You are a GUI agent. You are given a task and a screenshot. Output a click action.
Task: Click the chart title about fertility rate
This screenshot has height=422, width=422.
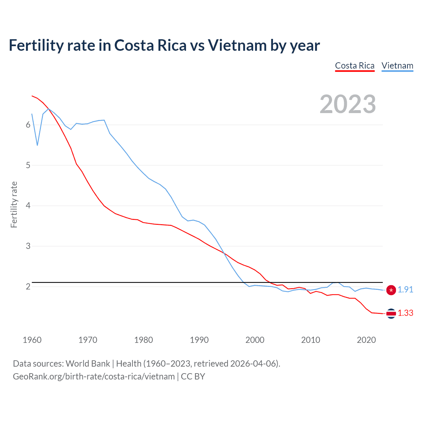pyautogui.click(x=164, y=45)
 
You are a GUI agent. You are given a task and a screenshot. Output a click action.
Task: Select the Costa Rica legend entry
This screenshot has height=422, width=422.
pyautogui.click(x=355, y=66)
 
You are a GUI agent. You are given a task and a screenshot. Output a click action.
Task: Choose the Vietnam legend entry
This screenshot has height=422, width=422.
pyautogui.click(x=397, y=66)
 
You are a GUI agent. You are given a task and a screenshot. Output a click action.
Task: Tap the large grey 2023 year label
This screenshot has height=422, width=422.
pyautogui.click(x=348, y=104)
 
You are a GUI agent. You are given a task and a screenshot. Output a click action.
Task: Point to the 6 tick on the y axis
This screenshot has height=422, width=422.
pyautogui.click(x=28, y=125)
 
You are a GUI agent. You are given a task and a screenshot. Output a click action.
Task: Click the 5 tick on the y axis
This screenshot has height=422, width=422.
pyautogui.click(x=28, y=165)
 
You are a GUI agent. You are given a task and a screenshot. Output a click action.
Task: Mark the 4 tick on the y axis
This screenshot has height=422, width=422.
pyautogui.click(x=28, y=206)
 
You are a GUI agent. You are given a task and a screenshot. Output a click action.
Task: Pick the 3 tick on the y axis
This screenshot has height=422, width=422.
pyautogui.click(x=28, y=246)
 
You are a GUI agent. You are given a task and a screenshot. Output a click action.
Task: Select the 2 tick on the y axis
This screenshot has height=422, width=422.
pyautogui.click(x=28, y=286)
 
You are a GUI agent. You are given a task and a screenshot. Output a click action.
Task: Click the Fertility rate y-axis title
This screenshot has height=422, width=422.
pyautogui.click(x=14, y=204)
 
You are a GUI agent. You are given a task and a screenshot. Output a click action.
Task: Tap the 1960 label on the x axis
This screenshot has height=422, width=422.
pyautogui.click(x=32, y=340)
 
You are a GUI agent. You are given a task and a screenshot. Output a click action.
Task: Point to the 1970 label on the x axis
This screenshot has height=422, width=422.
pyautogui.click(x=88, y=340)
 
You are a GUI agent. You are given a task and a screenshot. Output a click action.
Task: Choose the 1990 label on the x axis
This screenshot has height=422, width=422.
pyautogui.click(x=199, y=340)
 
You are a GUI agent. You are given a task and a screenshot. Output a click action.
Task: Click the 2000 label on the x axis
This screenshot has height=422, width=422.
pyautogui.click(x=255, y=340)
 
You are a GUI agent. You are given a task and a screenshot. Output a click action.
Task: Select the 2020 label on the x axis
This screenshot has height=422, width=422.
pyautogui.click(x=366, y=340)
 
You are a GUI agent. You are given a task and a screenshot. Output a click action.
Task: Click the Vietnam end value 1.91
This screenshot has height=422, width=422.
pyautogui.click(x=405, y=289)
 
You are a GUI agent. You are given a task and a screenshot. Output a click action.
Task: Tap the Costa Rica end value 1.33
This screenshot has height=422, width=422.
pyautogui.click(x=405, y=313)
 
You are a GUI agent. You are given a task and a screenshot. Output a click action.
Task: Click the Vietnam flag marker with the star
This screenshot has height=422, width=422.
pyautogui.click(x=391, y=290)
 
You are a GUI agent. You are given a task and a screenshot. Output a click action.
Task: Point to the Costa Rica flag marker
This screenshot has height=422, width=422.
pyautogui.click(x=391, y=314)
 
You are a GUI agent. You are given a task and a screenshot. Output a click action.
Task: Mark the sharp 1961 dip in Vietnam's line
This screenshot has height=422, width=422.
pyautogui.click(x=38, y=145)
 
